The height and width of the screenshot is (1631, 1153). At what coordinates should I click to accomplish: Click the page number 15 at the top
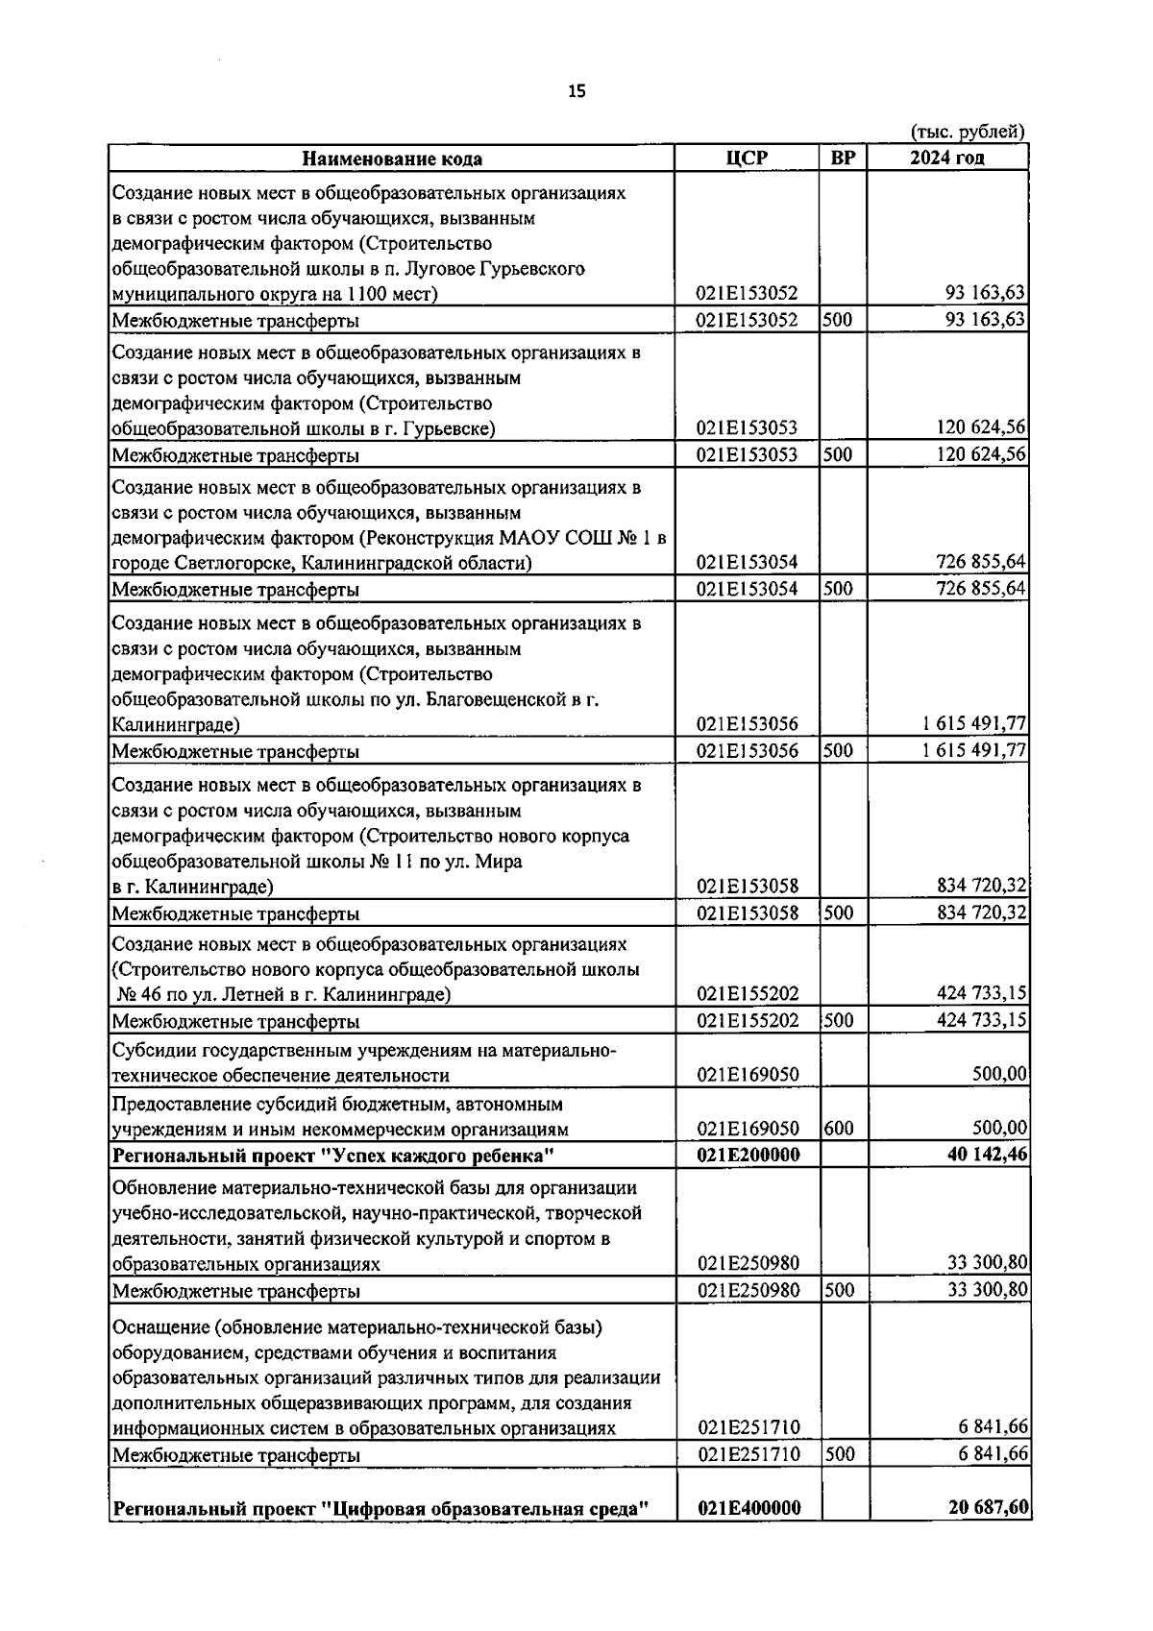click(x=576, y=91)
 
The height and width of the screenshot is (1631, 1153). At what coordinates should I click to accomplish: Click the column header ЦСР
click(x=747, y=158)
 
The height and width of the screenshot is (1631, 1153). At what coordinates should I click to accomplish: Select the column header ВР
click(x=842, y=158)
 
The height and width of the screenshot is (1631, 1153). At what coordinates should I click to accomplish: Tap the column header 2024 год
click(x=946, y=158)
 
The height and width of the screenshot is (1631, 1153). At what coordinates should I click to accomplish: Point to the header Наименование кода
click(x=392, y=159)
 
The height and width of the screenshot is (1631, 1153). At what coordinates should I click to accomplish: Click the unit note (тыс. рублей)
click(x=966, y=132)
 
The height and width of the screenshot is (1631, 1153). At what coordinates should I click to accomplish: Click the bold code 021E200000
click(x=748, y=1155)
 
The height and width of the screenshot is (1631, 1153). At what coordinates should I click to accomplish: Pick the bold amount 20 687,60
click(x=987, y=1508)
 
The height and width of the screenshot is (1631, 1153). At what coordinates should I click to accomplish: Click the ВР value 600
click(x=839, y=1129)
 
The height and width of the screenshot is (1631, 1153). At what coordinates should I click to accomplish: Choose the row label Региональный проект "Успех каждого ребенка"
click(x=334, y=1155)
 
